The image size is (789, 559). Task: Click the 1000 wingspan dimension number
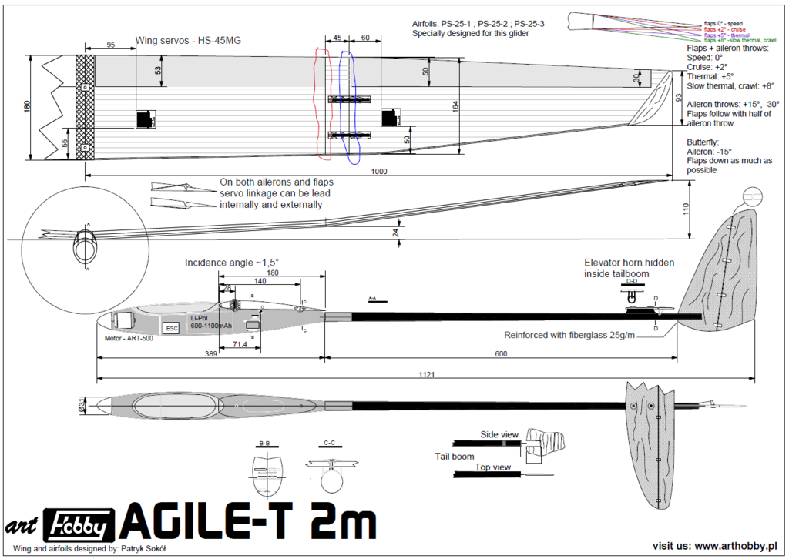[378, 172]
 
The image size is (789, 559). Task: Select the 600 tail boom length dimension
[502, 353]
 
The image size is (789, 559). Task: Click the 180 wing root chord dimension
[28, 107]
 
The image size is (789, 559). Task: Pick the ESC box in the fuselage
[170, 328]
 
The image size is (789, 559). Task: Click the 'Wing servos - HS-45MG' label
[188, 40]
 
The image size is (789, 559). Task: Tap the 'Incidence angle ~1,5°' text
[231, 263]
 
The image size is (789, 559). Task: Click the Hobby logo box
[79, 525]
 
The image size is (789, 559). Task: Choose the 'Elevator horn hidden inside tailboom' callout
[629, 267]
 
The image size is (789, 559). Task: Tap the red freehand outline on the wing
[322, 104]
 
